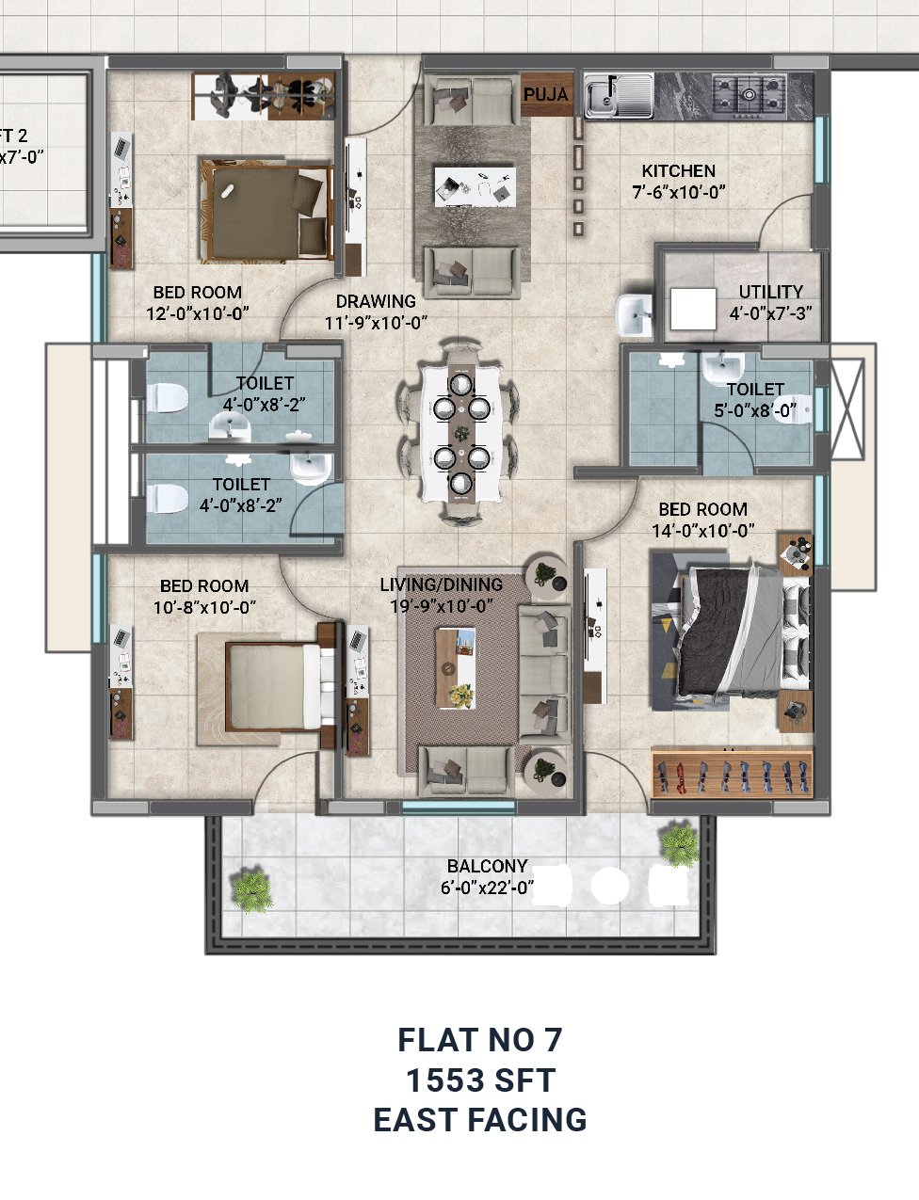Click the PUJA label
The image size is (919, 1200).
pyautogui.click(x=545, y=94)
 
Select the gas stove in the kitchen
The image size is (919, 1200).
pyautogui.click(x=749, y=97)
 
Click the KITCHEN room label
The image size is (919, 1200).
pyautogui.click(x=678, y=170)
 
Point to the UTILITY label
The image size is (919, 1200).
pyautogui.click(x=770, y=292)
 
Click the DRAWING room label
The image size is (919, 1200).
pyautogui.click(x=376, y=301)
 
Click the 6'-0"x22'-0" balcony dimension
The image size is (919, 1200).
pyautogui.click(x=487, y=888)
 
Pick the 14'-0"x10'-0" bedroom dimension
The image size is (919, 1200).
pyautogui.click(x=703, y=531)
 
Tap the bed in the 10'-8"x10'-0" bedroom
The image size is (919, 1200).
pyautogui.click(x=272, y=685)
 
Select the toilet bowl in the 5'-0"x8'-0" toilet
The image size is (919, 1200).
pyautogui.click(x=792, y=409)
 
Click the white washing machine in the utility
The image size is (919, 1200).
pyautogui.click(x=693, y=309)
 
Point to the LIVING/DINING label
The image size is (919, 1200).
pyautogui.click(x=442, y=584)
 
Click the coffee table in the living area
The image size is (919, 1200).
pyautogui.click(x=456, y=668)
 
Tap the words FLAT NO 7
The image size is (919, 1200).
pyautogui.click(x=479, y=1040)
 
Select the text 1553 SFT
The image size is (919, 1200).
pyautogui.click(x=480, y=1080)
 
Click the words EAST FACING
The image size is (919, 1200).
pyautogui.click(x=480, y=1120)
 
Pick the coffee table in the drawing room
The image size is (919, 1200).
pyautogui.click(x=476, y=186)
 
